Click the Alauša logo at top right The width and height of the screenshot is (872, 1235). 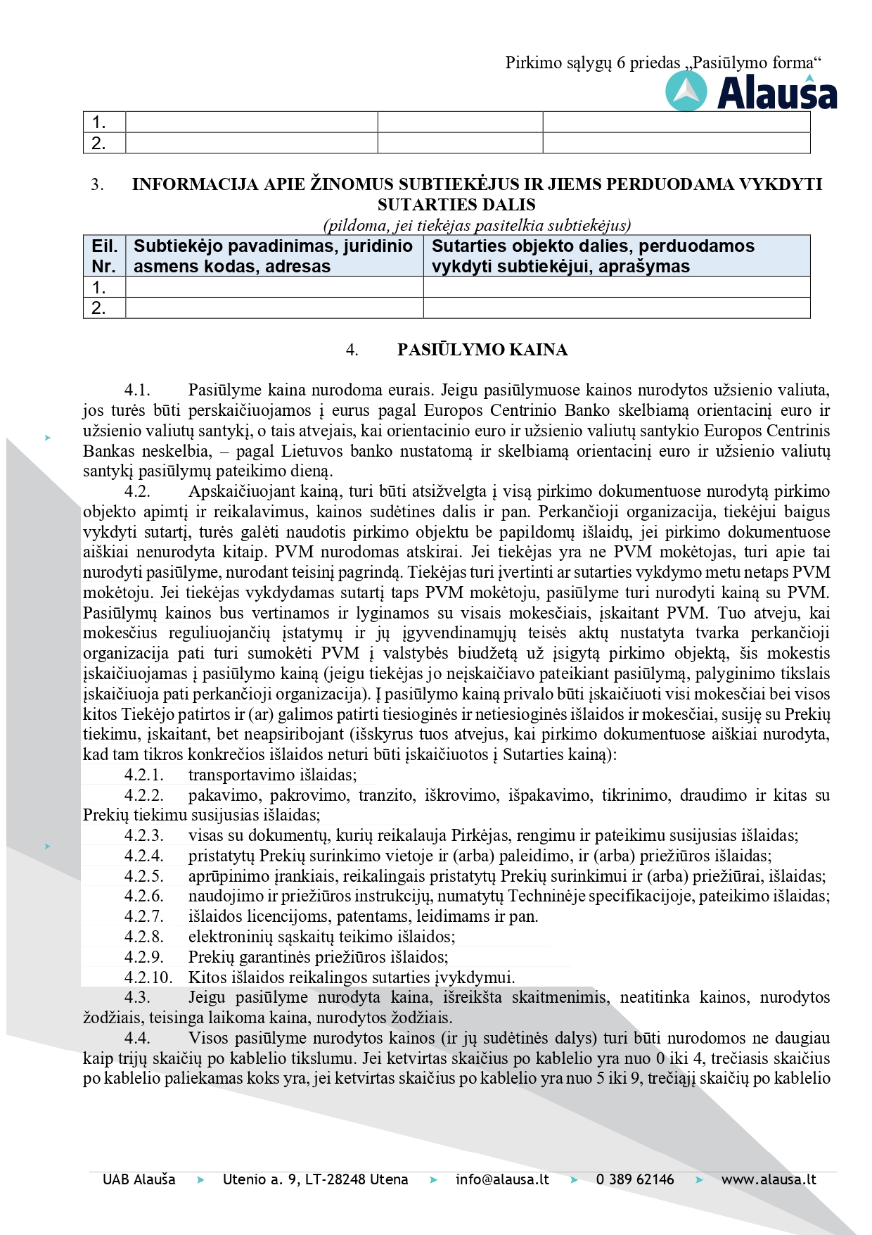[751, 93]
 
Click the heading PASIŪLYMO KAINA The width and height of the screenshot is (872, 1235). [482, 350]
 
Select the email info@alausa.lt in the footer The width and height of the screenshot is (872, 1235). [502, 1179]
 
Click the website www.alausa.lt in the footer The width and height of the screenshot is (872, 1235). [769, 1179]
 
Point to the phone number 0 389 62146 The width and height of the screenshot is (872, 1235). [634, 1179]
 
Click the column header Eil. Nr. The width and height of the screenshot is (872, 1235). [104, 256]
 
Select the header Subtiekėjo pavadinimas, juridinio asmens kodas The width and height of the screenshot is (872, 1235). [273, 256]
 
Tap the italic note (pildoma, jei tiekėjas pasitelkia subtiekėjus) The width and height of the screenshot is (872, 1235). [477, 225]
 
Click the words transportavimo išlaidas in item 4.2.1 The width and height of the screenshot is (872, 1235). [272, 775]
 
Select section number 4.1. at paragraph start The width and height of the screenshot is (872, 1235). [137, 390]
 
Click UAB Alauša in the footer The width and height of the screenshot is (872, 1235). [139, 1179]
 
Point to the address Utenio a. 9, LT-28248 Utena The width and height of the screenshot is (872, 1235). [315, 1179]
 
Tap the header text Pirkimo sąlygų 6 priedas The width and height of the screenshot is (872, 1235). [592, 63]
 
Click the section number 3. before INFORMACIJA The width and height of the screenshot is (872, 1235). [97, 184]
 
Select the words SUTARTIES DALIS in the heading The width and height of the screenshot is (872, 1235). [456, 205]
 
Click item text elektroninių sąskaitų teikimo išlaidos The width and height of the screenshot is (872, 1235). [321, 937]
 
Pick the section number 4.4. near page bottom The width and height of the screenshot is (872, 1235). [137, 1038]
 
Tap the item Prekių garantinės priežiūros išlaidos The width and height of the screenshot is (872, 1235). [318, 957]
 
